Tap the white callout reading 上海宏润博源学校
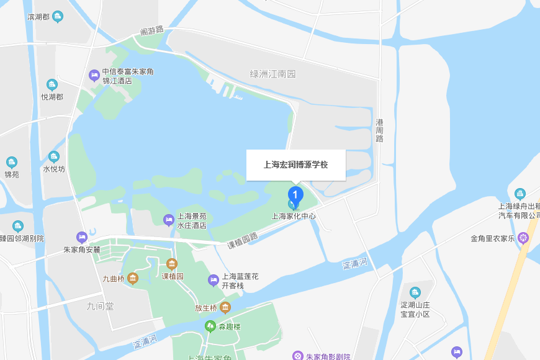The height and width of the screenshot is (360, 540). click(x=295, y=165)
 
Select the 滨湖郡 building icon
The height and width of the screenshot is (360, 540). click(x=58, y=16)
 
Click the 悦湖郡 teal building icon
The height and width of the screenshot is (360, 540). click(x=52, y=84)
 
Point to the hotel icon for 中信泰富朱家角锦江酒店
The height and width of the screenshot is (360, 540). click(x=94, y=76)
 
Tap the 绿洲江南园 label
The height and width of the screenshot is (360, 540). click(x=272, y=74)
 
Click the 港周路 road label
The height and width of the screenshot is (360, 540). click(x=379, y=130)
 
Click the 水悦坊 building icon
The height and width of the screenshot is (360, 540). click(x=53, y=156)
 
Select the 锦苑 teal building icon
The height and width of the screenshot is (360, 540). click(x=12, y=163)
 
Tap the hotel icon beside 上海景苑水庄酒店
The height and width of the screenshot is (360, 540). click(x=168, y=220)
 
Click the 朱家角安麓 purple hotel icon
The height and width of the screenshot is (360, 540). click(x=82, y=237)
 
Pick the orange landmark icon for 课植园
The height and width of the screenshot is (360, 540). click(x=172, y=264)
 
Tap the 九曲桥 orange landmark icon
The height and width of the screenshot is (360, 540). click(x=132, y=279)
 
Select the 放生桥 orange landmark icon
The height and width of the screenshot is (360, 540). click(x=225, y=307)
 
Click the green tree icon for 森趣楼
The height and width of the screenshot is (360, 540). click(x=210, y=326)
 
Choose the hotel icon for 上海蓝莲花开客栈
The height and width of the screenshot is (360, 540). click(x=214, y=281)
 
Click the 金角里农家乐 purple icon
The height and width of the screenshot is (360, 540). click(x=524, y=238)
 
